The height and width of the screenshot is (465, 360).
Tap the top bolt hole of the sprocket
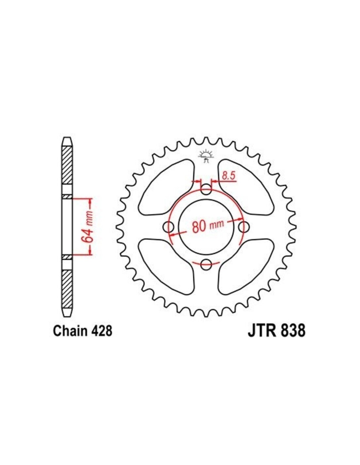(206, 189)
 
